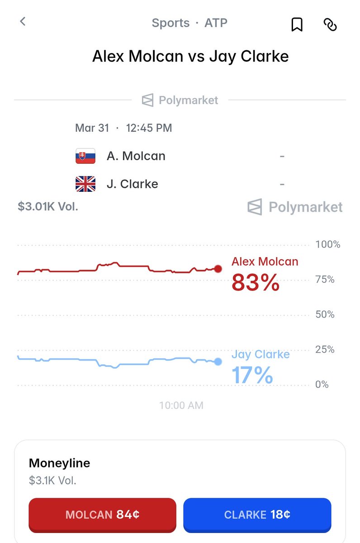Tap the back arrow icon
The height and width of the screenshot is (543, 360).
point(23,21)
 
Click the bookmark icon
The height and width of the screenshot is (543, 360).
point(297,24)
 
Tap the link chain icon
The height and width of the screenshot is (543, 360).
point(330,24)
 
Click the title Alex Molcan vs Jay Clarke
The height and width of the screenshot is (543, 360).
point(190,57)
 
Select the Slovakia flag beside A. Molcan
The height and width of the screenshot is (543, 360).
point(85,156)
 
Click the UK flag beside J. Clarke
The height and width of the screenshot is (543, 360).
point(85,184)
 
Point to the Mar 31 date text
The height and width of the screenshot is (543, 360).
point(92,128)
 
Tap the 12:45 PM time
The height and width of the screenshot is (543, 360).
point(149,128)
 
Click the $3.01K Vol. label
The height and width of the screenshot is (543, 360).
point(48,207)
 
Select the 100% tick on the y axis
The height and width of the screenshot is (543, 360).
point(327,245)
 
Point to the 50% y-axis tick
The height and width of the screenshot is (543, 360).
point(325,314)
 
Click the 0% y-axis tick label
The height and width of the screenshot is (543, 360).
point(322,385)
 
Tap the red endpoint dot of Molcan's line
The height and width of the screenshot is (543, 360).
point(218,269)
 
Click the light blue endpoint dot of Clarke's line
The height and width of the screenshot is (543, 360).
point(218,362)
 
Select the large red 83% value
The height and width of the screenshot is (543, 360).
point(255,283)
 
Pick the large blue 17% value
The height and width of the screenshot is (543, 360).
point(252,376)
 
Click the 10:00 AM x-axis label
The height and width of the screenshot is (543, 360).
point(181,405)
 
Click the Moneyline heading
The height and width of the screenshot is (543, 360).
point(59,463)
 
